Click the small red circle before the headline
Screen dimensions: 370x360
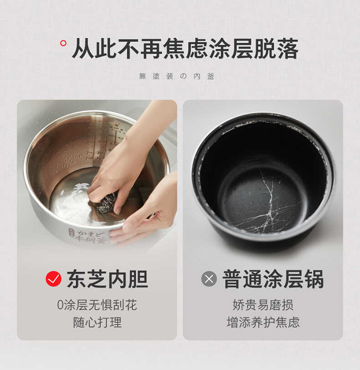click(63, 43)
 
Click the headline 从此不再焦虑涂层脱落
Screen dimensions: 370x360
click(185, 49)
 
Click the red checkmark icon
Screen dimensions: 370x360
click(53, 278)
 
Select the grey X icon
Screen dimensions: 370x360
click(209, 278)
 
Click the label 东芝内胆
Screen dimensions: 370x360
click(107, 279)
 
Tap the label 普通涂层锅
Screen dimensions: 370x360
click(273, 279)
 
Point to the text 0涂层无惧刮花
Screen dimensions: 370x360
click(97, 305)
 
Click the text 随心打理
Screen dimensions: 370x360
click(97, 322)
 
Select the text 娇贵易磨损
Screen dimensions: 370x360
click(263, 305)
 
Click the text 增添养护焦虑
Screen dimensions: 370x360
click(263, 322)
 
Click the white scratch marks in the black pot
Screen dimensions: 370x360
click(269, 196)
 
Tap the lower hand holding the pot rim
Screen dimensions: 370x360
click(146, 214)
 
